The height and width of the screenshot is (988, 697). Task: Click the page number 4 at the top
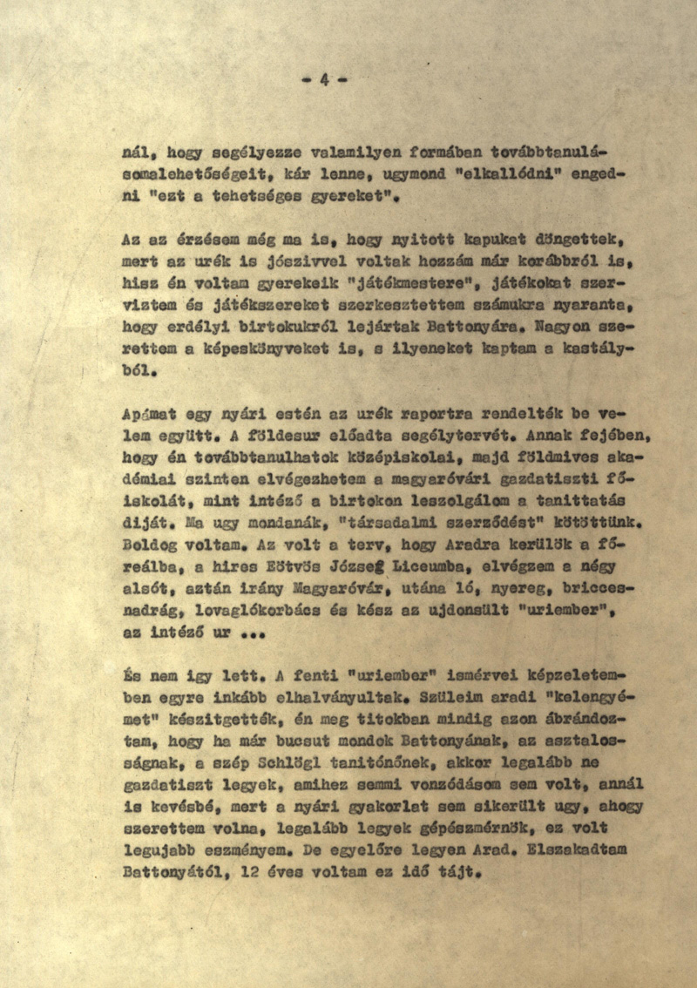tap(323, 80)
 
